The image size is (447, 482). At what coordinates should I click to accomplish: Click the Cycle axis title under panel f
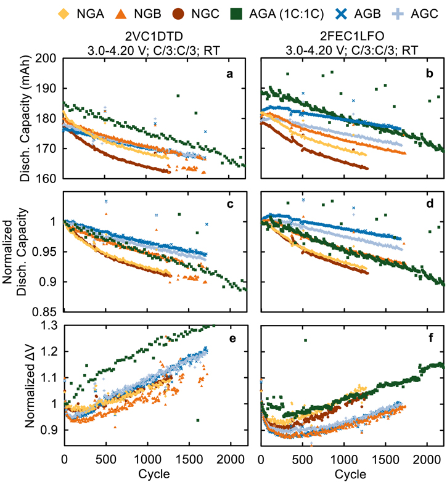(x=351, y=475)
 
